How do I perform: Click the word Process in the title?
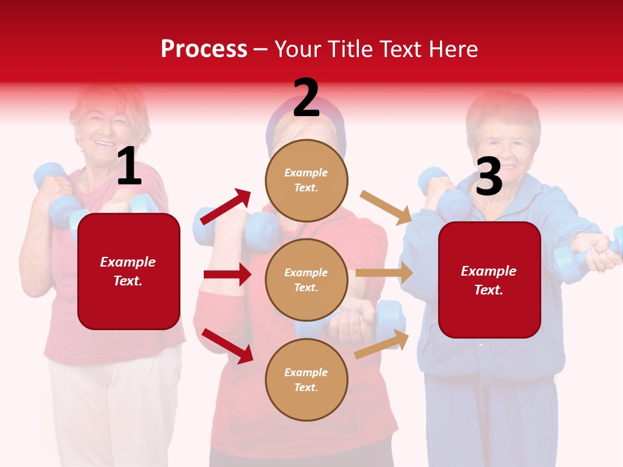tap(204, 49)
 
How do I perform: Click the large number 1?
tap(129, 166)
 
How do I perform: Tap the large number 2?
tap(306, 98)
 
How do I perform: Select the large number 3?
tap(489, 176)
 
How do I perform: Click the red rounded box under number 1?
tap(128, 271)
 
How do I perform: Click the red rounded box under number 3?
tap(489, 280)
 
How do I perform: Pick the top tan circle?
tap(306, 180)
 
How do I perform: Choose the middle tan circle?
tap(306, 280)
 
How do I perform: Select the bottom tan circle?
tap(306, 379)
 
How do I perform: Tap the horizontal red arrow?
tap(227, 274)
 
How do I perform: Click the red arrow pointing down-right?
tap(228, 346)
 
